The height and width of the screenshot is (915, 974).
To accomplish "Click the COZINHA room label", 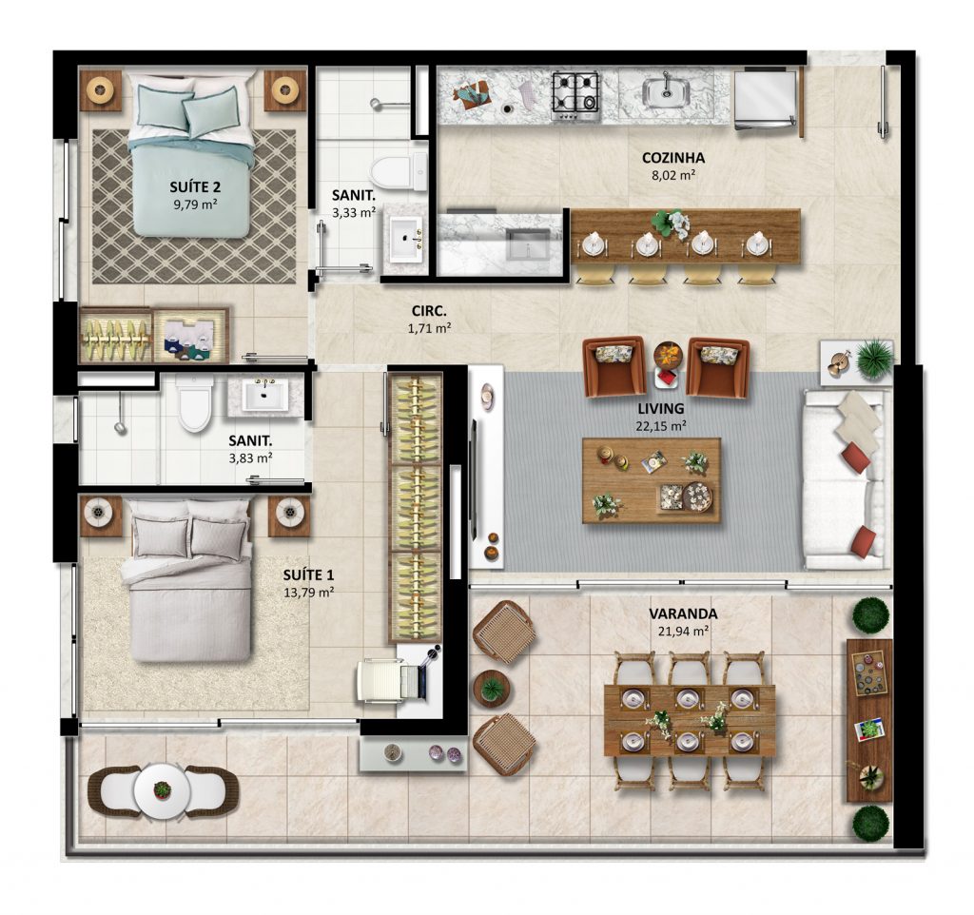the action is coord(673,158).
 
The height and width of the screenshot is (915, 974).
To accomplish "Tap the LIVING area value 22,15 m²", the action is coord(660,426).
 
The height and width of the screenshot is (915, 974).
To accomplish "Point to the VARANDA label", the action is coord(683,613).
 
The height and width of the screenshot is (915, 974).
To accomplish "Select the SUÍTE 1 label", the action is coord(308,575).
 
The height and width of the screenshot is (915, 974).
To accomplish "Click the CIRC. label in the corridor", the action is coord(429,311).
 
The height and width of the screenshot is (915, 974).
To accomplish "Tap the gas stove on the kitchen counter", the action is coord(576,97).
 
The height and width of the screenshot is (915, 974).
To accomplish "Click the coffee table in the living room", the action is coord(652,480).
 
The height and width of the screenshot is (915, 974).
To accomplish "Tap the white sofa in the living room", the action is coord(845,479).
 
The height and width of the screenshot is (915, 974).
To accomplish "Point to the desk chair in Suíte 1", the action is coord(380,681).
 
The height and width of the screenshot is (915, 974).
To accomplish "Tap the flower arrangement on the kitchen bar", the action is coord(671,223).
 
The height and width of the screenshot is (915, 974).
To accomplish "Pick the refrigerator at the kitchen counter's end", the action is coord(766,100).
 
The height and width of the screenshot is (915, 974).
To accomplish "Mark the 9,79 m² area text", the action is coord(196,204).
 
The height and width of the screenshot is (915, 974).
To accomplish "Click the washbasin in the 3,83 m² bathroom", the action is coord(264,396).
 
